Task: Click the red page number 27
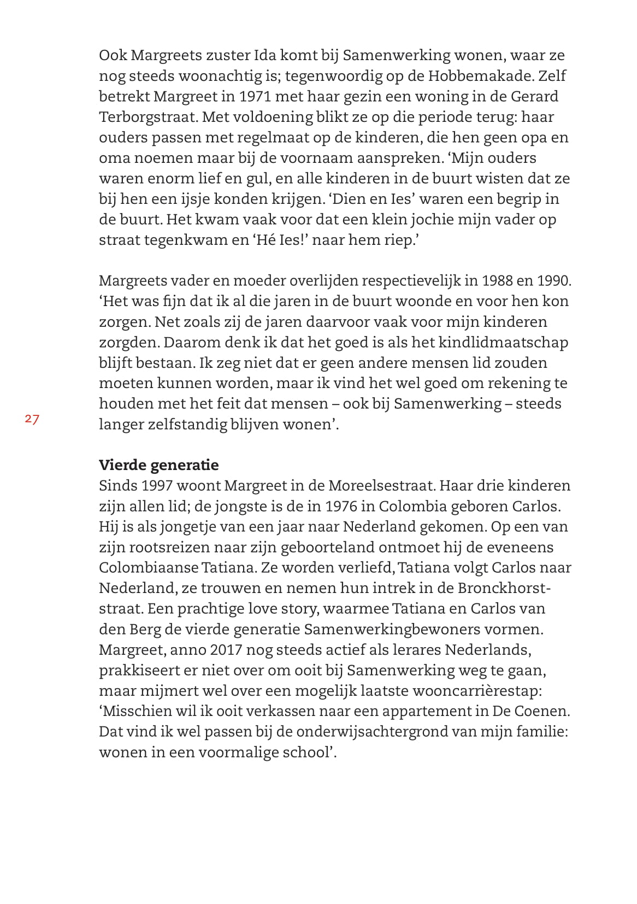tap(32, 420)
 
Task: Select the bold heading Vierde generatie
tap(158, 465)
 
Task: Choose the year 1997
tap(158, 486)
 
